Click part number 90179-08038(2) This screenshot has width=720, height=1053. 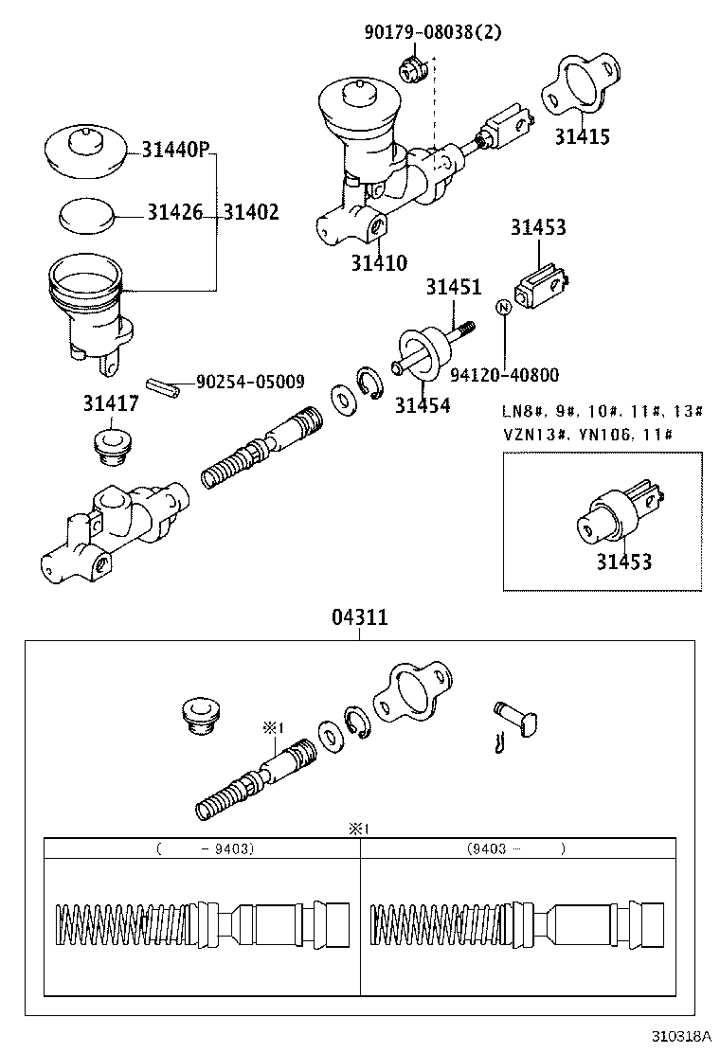pyautogui.click(x=432, y=32)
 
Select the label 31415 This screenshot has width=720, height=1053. pyautogui.click(x=582, y=136)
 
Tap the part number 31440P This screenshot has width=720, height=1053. pyautogui.click(x=175, y=150)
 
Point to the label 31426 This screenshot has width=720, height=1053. pyautogui.click(x=174, y=213)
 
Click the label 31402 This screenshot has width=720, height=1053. pyautogui.click(x=251, y=213)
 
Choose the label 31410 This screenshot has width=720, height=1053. pyautogui.click(x=379, y=262)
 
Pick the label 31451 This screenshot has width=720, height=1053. pyautogui.click(x=453, y=287)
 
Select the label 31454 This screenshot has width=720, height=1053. pyautogui.click(x=423, y=405)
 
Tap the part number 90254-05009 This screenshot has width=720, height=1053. pyautogui.click(x=250, y=382)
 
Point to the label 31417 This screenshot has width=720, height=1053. pyautogui.click(x=110, y=403)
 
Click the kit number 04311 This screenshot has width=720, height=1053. pyautogui.click(x=359, y=617)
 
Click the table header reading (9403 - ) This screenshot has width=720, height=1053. pyautogui.click(x=516, y=849)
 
